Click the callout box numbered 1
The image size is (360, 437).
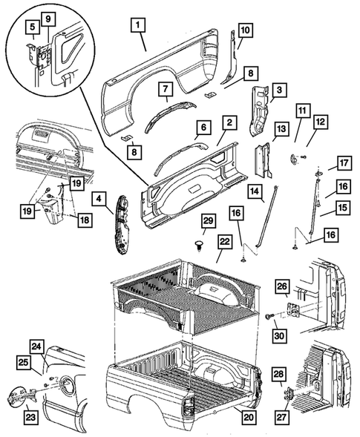tap(138, 24)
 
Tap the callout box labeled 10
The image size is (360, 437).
tap(244, 31)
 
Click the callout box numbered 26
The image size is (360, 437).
tap(281, 284)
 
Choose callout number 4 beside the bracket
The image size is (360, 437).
tap(99, 198)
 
